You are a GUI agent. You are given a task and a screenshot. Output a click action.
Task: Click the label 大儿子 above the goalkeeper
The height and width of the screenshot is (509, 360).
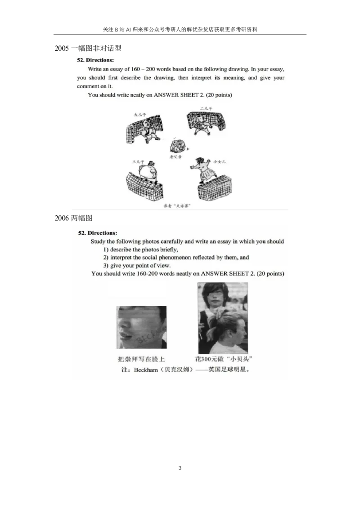(x=140, y=115)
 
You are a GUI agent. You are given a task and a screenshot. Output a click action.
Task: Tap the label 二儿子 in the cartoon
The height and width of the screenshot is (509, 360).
(x=206, y=108)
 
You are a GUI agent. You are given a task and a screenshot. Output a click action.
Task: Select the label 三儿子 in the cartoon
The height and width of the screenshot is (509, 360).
(x=137, y=161)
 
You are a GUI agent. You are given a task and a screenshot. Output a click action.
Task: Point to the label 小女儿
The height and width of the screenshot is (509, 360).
(x=220, y=161)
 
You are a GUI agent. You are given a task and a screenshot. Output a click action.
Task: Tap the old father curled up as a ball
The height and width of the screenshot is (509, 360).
(x=178, y=145)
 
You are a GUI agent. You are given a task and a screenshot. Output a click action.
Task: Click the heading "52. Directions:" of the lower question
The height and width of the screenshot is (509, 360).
(x=98, y=233)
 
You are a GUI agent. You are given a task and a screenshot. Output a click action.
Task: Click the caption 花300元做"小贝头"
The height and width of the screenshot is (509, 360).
(x=223, y=359)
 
